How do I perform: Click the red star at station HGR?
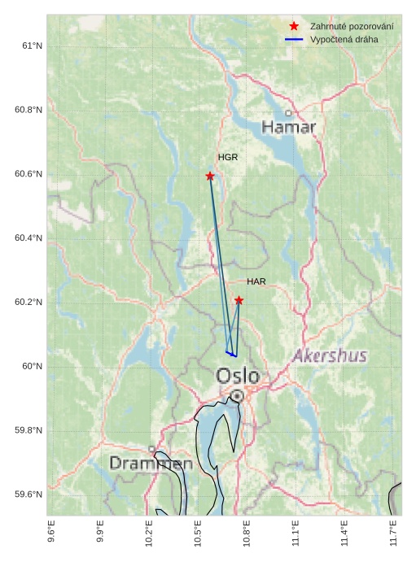(210, 176)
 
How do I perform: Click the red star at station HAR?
(239, 300)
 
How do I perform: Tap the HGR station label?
(228, 157)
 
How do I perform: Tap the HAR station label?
(256, 281)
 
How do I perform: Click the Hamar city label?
(288, 128)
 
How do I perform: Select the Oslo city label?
(238, 376)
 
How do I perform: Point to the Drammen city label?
(151, 464)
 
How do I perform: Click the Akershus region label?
(330, 355)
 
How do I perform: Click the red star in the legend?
(294, 27)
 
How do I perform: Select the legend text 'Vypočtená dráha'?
(344, 39)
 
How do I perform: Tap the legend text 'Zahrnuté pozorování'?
(352, 27)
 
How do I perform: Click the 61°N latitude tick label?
(32, 46)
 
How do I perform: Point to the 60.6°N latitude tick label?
(28, 174)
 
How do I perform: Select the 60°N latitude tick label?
(32, 366)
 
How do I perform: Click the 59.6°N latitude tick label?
(28, 494)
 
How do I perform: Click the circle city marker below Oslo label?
(237, 396)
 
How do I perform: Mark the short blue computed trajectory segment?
(231, 354)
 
